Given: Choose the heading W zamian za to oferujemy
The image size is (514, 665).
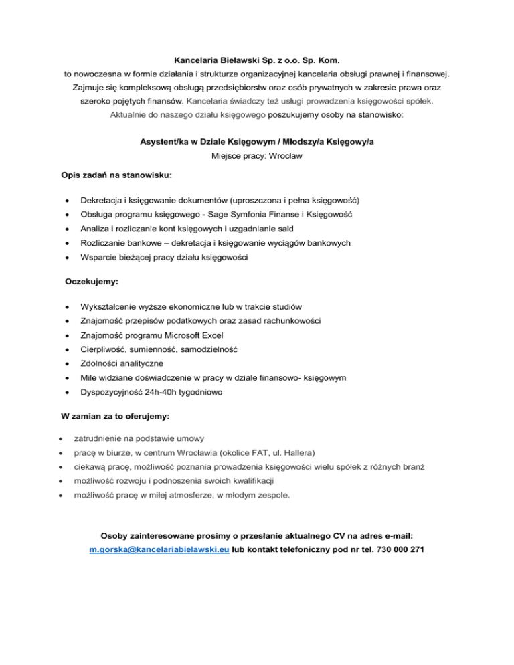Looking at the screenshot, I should tap(115, 416).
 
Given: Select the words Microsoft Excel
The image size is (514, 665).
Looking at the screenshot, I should tap(188, 335).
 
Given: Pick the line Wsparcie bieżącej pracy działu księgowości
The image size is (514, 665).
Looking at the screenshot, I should tap(159, 256).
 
